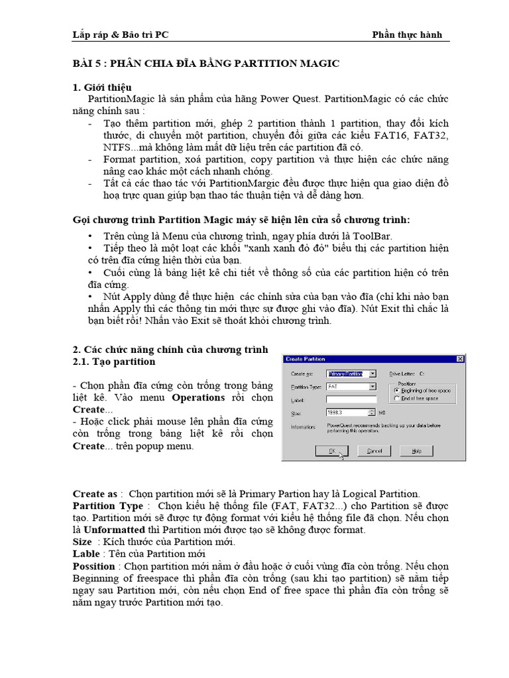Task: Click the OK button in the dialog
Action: [333, 451]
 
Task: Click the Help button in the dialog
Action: [416, 451]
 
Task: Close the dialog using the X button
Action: [460, 359]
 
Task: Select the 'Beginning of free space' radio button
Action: [397, 391]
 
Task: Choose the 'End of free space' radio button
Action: [397, 399]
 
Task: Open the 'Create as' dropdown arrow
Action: [373, 373]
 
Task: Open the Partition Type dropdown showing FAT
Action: [373, 386]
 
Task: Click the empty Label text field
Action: [351, 399]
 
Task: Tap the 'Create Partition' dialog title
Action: [306, 359]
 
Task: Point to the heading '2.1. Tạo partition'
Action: [113, 362]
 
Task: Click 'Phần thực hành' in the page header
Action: [407, 34]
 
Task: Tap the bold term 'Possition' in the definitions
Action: [93, 566]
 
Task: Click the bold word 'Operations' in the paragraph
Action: [199, 397]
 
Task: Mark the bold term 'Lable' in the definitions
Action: [86, 554]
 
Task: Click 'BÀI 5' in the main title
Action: [87, 64]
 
